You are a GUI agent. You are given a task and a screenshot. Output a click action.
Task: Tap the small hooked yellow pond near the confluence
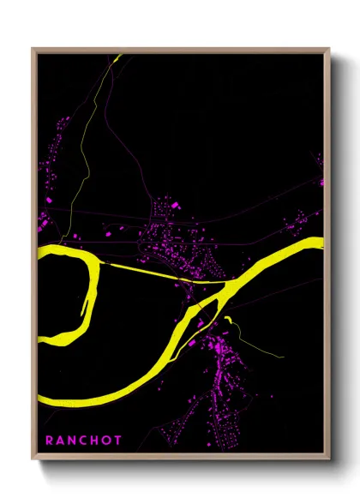point(230,322)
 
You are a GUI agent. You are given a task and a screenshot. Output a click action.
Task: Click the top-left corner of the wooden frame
point(32,49)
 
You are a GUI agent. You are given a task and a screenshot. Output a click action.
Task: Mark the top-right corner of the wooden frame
point(330,49)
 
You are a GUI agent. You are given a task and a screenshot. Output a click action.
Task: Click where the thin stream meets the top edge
point(119,56)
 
